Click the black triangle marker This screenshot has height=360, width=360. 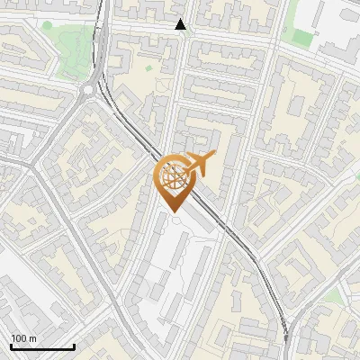pyautogui.click(x=181, y=24)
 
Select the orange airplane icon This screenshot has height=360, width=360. pyautogui.click(x=201, y=163)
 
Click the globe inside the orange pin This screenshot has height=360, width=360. pyautogui.click(x=175, y=175)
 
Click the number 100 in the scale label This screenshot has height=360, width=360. pyautogui.click(x=20, y=338)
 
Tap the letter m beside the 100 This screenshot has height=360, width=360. pyautogui.click(x=33, y=338)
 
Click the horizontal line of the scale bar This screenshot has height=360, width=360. pyautogui.click(x=42, y=347)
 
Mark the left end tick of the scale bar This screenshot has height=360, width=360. pyautogui.click(x=11, y=346)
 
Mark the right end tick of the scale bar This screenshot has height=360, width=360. pyautogui.click(x=74, y=346)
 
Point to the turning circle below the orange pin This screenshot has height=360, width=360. pyautogui.click(x=176, y=220)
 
